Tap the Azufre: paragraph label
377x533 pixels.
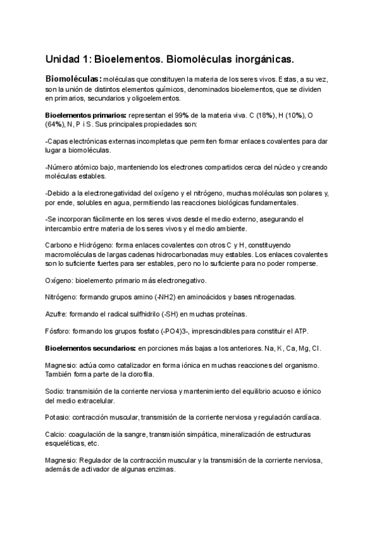coord(58,314)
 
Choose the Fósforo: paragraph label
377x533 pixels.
coord(60,331)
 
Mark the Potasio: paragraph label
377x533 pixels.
coord(58,417)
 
